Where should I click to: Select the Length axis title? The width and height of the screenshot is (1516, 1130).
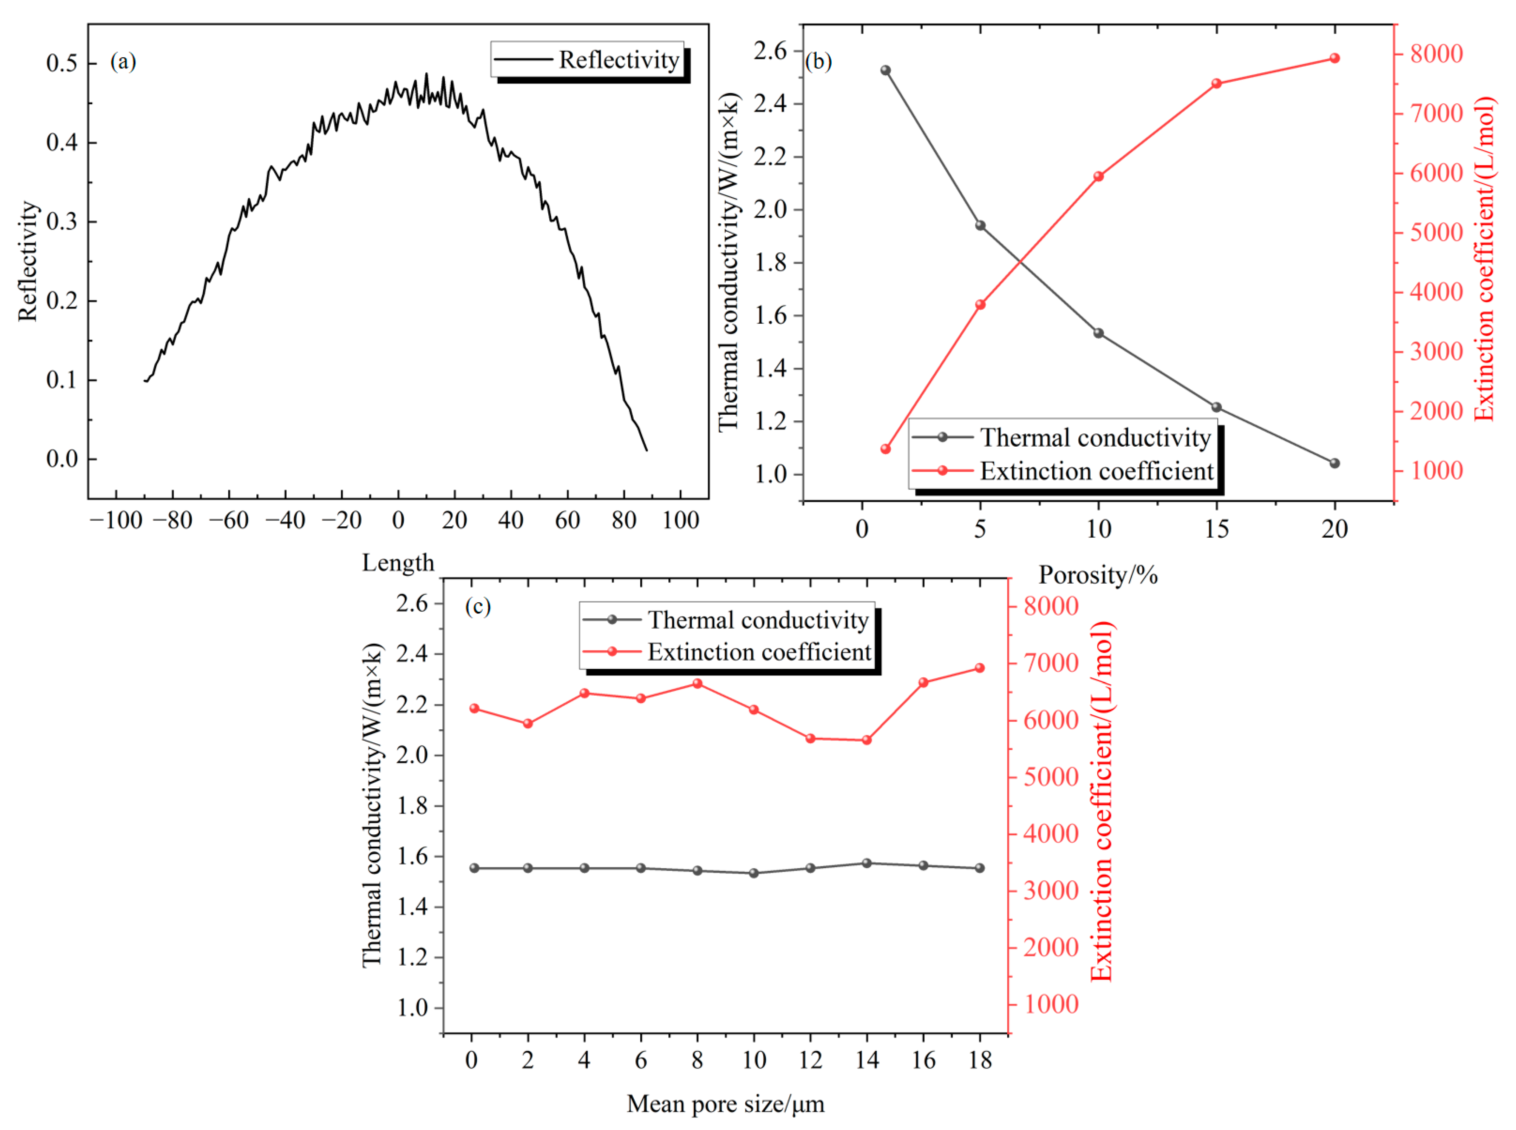click(x=398, y=563)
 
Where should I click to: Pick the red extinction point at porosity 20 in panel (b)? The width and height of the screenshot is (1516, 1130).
click(x=1334, y=58)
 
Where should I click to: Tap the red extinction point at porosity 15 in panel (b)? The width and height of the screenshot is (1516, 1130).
click(x=1216, y=84)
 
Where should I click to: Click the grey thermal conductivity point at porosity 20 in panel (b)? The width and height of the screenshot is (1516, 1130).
click(x=1334, y=463)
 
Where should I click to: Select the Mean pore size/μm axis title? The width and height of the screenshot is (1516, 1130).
click(x=725, y=1103)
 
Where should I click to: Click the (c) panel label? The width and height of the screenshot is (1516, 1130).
click(x=477, y=607)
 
